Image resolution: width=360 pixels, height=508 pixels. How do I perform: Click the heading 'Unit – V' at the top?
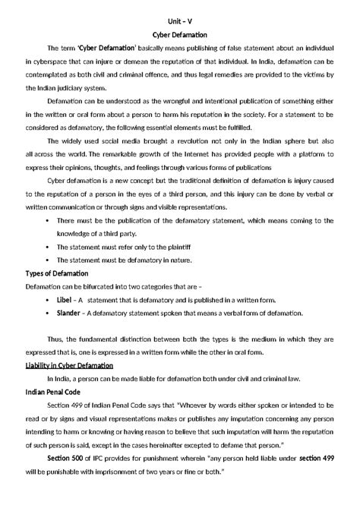[x=180, y=21]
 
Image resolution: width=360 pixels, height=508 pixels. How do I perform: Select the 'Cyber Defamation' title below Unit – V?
[x=180, y=34]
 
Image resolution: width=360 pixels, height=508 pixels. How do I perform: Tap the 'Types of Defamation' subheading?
[x=58, y=273]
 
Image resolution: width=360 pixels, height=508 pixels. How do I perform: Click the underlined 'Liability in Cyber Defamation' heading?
[x=70, y=365]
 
